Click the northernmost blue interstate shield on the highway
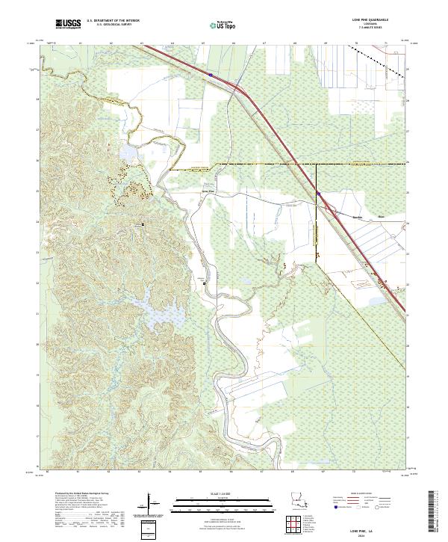211,75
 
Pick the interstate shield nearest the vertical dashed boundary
318,194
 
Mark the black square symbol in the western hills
142,224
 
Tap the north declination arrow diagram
149,505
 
